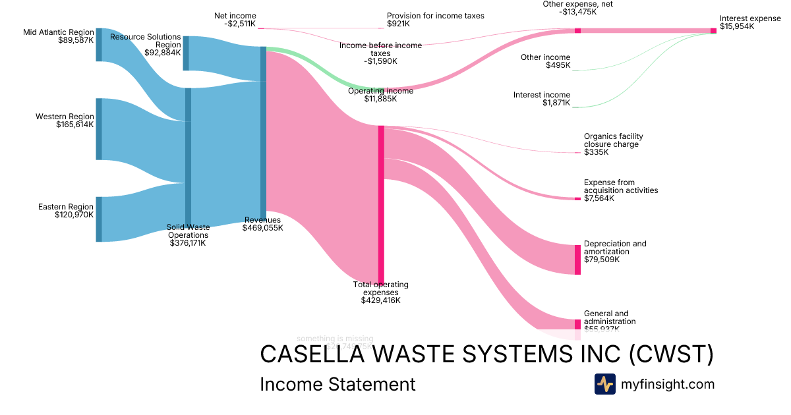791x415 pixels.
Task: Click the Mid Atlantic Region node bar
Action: (x=99, y=45)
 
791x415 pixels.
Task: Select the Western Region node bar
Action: (x=99, y=129)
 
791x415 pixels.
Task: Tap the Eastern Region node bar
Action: (x=99, y=219)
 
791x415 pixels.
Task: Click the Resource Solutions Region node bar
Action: (x=186, y=53)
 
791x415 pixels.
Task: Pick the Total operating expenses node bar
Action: (x=381, y=204)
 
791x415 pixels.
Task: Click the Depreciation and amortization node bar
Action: (x=578, y=260)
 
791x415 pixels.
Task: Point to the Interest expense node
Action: (x=713, y=31)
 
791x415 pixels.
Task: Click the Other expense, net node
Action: (x=577, y=31)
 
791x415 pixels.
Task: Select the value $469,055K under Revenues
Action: (x=262, y=229)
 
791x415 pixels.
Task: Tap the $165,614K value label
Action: (x=75, y=124)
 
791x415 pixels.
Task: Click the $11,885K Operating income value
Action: (x=381, y=99)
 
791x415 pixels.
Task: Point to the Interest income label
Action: (x=542, y=95)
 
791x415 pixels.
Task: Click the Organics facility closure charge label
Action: (x=613, y=140)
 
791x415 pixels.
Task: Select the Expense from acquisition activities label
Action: (x=620, y=186)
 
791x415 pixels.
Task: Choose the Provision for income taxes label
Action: (x=435, y=16)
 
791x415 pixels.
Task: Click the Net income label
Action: (x=235, y=16)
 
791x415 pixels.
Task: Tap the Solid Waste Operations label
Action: (x=188, y=231)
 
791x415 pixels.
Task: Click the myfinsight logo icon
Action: (x=604, y=384)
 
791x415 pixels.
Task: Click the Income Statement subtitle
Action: (x=337, y=384)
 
